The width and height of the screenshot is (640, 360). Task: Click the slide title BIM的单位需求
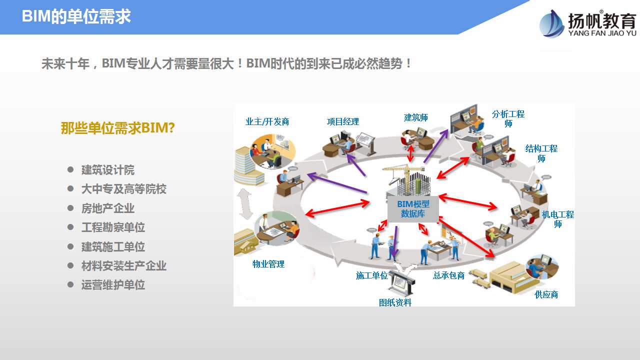tap(76, 16)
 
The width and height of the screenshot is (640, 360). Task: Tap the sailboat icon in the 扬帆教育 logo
tap(551, 24)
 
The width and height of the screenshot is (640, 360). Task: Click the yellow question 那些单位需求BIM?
tap(117, 127)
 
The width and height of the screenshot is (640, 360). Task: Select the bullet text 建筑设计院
tap(107, 170)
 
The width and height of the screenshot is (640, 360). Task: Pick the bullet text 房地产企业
tap(107, 208)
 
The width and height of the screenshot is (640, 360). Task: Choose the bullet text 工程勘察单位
tap(113, 227)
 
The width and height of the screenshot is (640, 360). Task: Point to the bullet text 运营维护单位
tap(113, 285)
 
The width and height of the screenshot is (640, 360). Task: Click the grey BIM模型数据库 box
tap(413, 209)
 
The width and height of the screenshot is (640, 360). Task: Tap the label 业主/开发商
tap(267, 121)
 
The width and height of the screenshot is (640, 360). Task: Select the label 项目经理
tap(343, 121)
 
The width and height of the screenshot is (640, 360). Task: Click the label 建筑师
tap(415, 117)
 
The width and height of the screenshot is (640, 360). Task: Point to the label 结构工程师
tap(541, 153)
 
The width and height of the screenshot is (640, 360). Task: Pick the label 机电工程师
tap(557, 219)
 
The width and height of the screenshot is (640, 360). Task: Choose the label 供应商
tap(546, 294)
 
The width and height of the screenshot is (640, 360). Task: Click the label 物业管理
tap(268, 264)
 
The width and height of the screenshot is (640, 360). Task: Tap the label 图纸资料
tap(395, 302)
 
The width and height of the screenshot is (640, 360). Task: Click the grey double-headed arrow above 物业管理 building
tap(245, 204)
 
